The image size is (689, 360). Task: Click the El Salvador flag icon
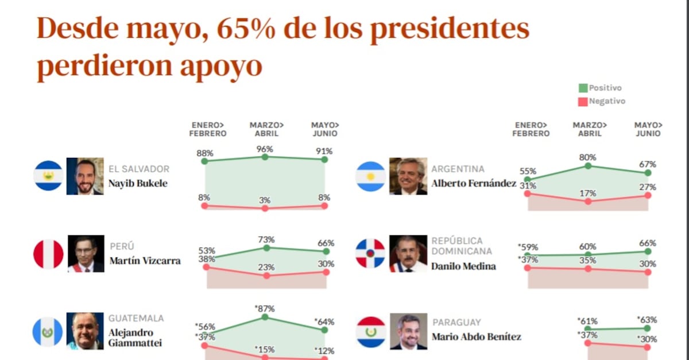coord(48,176)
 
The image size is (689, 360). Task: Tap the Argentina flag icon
coord(370,176)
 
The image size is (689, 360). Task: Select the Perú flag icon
coord(48,254)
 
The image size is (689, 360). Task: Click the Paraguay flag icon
coord(370,332)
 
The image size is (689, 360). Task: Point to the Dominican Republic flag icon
coord(370,254)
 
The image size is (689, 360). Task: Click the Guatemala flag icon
coord(48,332)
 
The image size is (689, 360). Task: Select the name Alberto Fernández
coord(474,184)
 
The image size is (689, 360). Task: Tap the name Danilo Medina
coord(463,266)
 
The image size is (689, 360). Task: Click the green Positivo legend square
coord(583,88)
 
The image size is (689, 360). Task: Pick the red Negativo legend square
coord(583,101)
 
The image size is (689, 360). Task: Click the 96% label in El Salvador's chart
coord(265,149)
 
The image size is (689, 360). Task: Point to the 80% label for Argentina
coord(588,157)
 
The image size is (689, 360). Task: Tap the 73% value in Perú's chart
coord(266,239)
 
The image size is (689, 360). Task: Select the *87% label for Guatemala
coord(264,308)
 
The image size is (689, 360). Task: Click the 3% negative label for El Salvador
coord(265,200)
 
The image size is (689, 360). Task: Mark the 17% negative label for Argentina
coord(588,193)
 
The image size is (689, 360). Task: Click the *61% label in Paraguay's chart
coord(588,321)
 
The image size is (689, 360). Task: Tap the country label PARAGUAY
coord(456,323)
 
